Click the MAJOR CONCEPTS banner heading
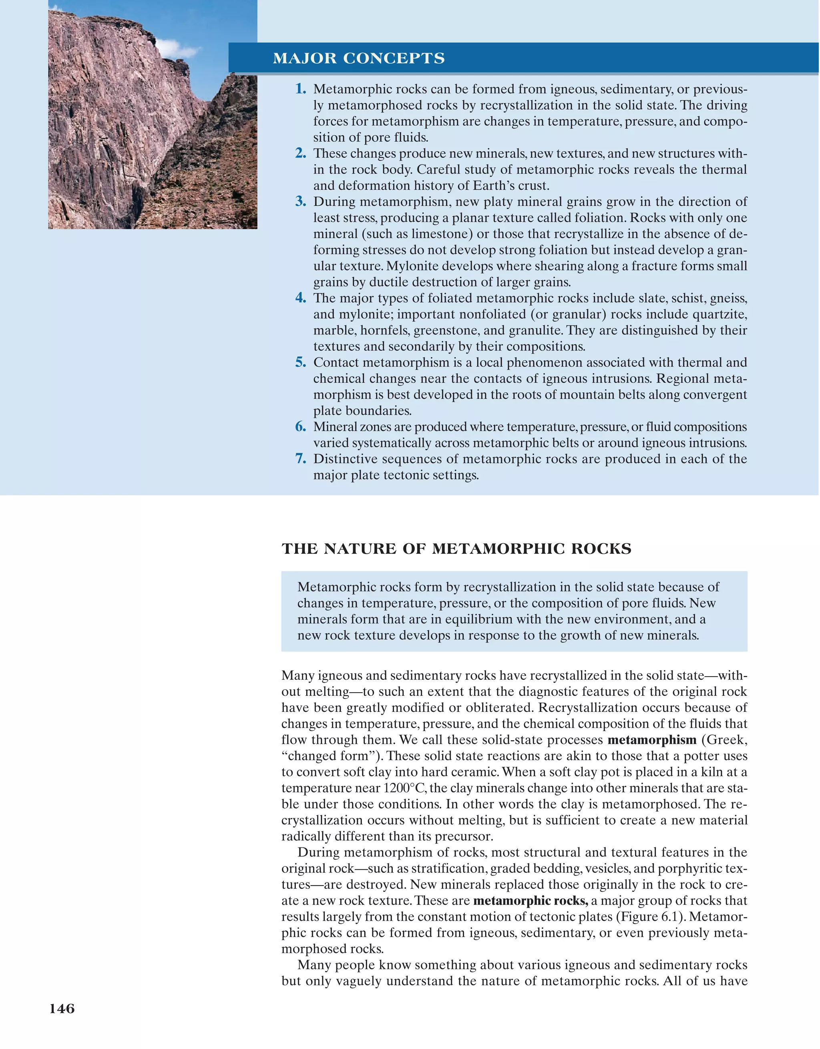(359, 58)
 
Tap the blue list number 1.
(300, 89)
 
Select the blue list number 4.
(300, 298)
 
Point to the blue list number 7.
(300, 459)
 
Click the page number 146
(62, 1009)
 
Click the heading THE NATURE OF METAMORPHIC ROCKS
(456, 549)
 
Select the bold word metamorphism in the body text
(651, 740)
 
